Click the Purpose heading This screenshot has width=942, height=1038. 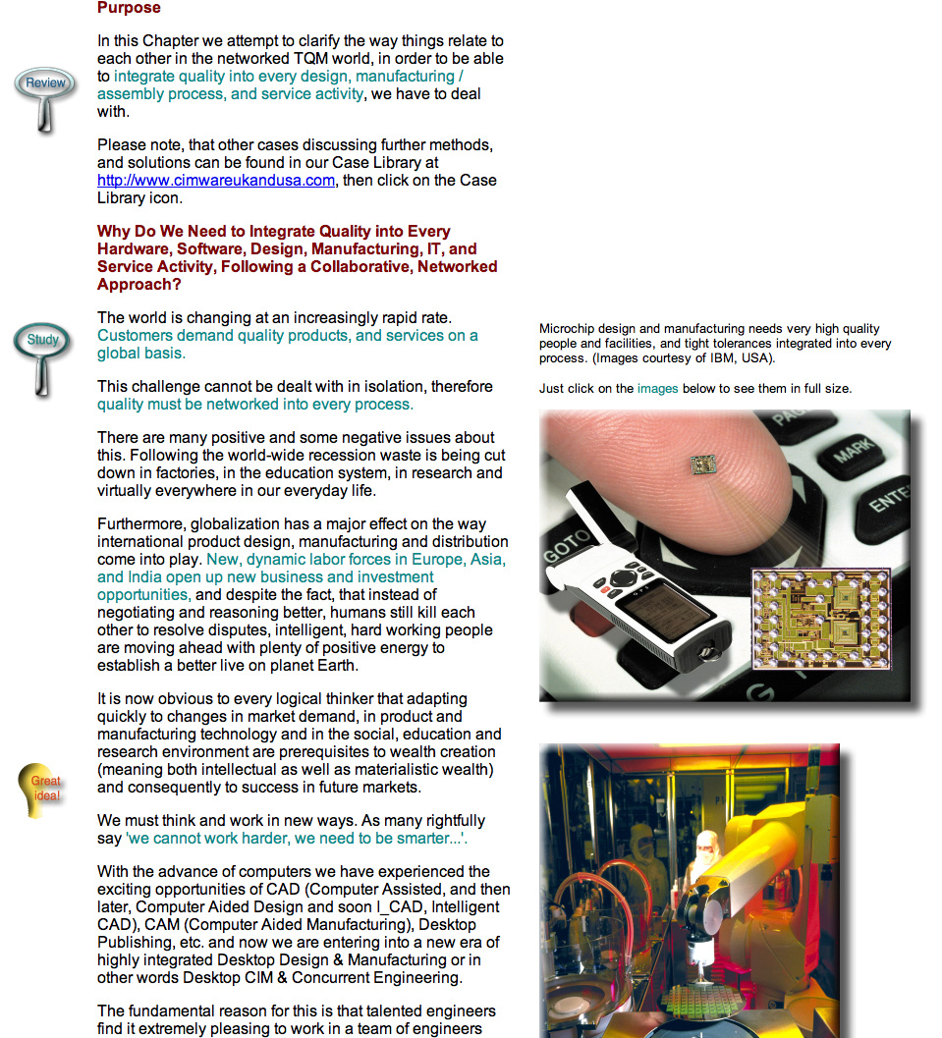(x=129, y=8)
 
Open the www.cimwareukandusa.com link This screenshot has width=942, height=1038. (x=215, y=181)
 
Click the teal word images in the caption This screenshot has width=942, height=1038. (x=657, y=389)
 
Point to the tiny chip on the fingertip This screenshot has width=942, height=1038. (x=701, y=463)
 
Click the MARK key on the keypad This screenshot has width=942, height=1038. (x=853, y=458)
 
